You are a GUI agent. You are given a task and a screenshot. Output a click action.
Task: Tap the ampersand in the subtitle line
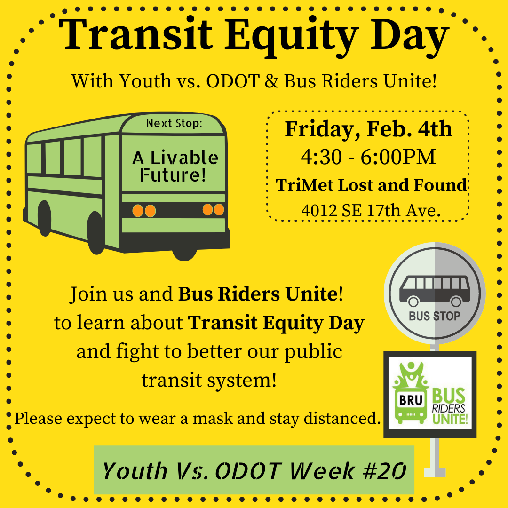(271, 81)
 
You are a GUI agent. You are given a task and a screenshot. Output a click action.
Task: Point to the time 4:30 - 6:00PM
(368, 157)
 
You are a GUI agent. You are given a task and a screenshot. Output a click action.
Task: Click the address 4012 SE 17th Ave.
(371, 211)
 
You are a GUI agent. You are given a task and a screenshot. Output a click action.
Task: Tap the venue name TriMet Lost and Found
(371, 185)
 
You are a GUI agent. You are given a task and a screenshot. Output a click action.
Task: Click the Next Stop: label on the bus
(174, 123)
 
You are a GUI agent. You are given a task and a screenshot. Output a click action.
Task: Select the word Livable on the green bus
(184, 158)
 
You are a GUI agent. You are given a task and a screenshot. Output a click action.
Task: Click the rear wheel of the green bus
(45, 218)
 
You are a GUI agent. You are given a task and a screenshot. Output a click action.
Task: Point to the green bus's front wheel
(96, 233)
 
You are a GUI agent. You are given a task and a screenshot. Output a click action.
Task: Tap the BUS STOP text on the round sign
(435, 316)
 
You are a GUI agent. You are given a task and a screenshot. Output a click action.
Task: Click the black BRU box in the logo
(411, 400)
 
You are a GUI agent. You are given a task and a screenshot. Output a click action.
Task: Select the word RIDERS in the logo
(449, 408)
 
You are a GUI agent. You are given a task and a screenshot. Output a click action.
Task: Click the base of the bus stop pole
(435, 472)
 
